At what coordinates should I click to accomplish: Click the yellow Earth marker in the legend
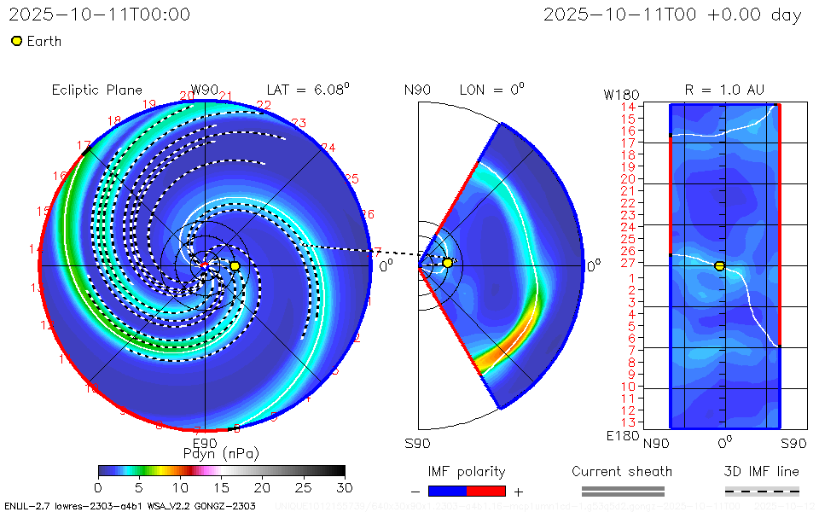point(16,41)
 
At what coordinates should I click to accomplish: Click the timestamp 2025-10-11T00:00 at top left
point(100,15)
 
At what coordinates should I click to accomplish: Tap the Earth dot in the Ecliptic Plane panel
point(235,266)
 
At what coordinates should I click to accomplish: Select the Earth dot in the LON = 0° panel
point(447,263)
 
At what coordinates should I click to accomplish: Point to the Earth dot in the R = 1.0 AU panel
point(719,266)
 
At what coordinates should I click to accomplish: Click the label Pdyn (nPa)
point(221,452)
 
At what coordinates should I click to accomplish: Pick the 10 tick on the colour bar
point(180,486)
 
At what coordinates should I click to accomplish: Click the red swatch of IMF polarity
point(486,491)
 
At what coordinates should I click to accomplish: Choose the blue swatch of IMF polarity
point(448,491)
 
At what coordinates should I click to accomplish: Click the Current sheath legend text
point(622,471)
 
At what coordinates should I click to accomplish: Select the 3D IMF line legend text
point(762,471)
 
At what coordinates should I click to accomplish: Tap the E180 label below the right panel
point(620,436)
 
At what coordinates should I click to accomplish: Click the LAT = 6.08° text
point(308,89)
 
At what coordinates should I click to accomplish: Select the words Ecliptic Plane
point(96,90)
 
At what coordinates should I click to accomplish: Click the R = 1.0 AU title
point(724,90)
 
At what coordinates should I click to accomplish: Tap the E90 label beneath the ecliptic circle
point(205,443)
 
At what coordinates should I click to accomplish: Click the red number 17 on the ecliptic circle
point(84,146)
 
